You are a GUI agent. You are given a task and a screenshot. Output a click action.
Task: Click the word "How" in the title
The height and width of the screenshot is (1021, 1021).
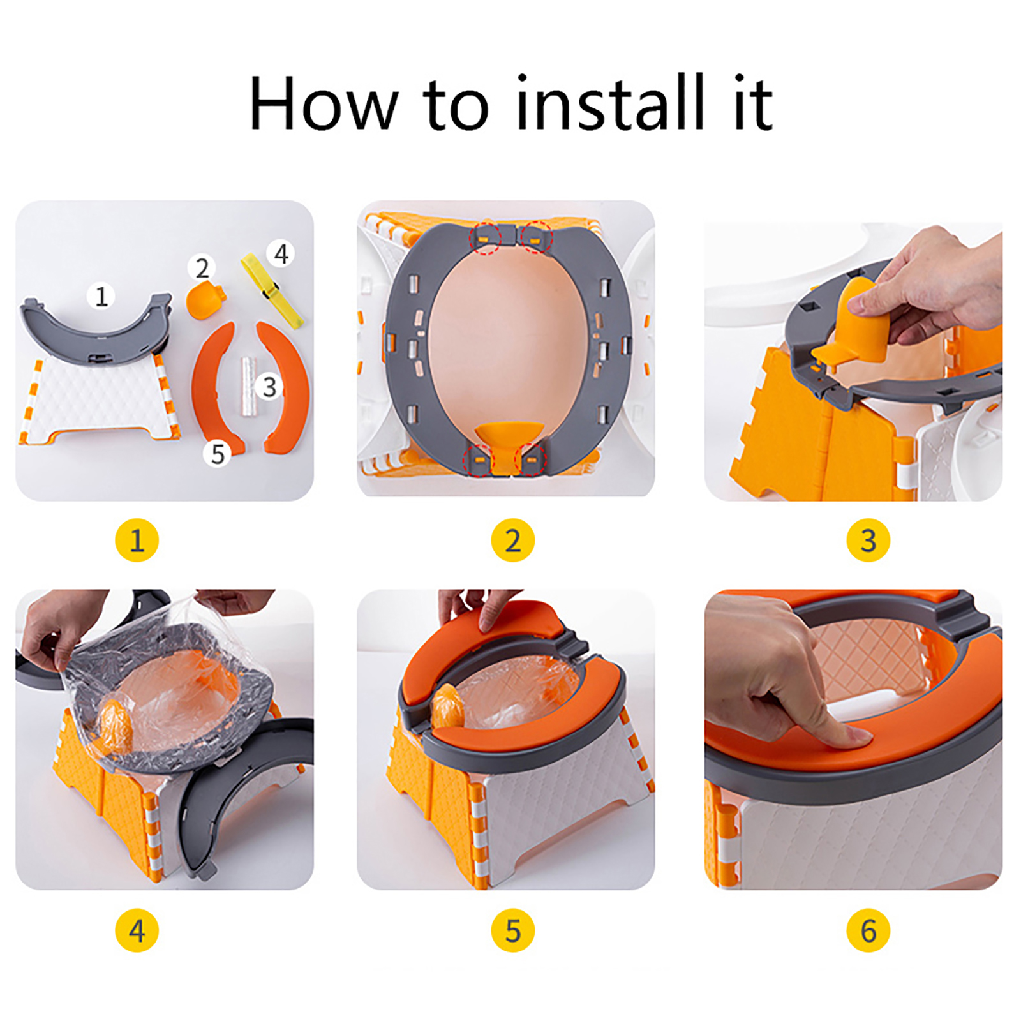pyautogui.click(x=324, y=104)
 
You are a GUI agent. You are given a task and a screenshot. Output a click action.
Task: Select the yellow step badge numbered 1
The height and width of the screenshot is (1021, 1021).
pyautogui.click(x=137, y=540)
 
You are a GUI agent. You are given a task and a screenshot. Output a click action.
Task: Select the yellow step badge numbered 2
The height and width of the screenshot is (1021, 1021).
pyautogui.click(x=512, y=540)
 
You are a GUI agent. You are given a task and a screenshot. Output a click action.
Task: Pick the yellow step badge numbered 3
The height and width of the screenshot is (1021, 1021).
pyautogui.click(x=868, y=540)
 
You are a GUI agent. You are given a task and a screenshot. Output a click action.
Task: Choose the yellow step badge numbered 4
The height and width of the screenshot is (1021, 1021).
pyautogui.click(x=137, y=930)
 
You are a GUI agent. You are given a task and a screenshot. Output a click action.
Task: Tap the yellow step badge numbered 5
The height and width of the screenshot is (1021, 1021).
pyautogui.click(x=512, y=930)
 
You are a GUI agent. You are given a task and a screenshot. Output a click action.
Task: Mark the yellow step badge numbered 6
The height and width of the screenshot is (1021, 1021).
pyautogui.click(x=868, y=930)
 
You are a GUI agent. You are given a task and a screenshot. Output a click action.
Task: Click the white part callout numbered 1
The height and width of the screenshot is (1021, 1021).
pyautogui.click(x=101, y=296)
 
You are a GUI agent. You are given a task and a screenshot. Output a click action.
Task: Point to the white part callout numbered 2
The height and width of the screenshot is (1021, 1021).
pyautogui.click(x=202, y=268)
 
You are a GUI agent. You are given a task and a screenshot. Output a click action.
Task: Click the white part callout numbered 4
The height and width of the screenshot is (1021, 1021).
pyautogui.click(x=281, y=254)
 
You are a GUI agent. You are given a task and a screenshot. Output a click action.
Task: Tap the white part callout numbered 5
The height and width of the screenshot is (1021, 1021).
pyautogui.click(x=218, y=454)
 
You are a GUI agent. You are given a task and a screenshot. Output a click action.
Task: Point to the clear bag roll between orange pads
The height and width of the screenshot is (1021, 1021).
pyautogui.click(x=248, y=387)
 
